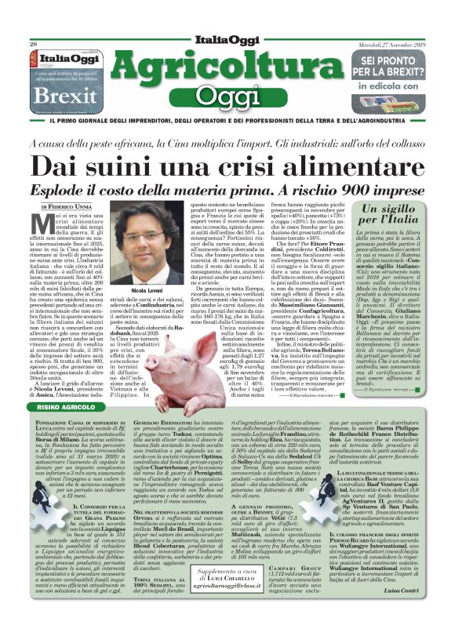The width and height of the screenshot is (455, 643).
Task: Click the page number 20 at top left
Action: (34, 43)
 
